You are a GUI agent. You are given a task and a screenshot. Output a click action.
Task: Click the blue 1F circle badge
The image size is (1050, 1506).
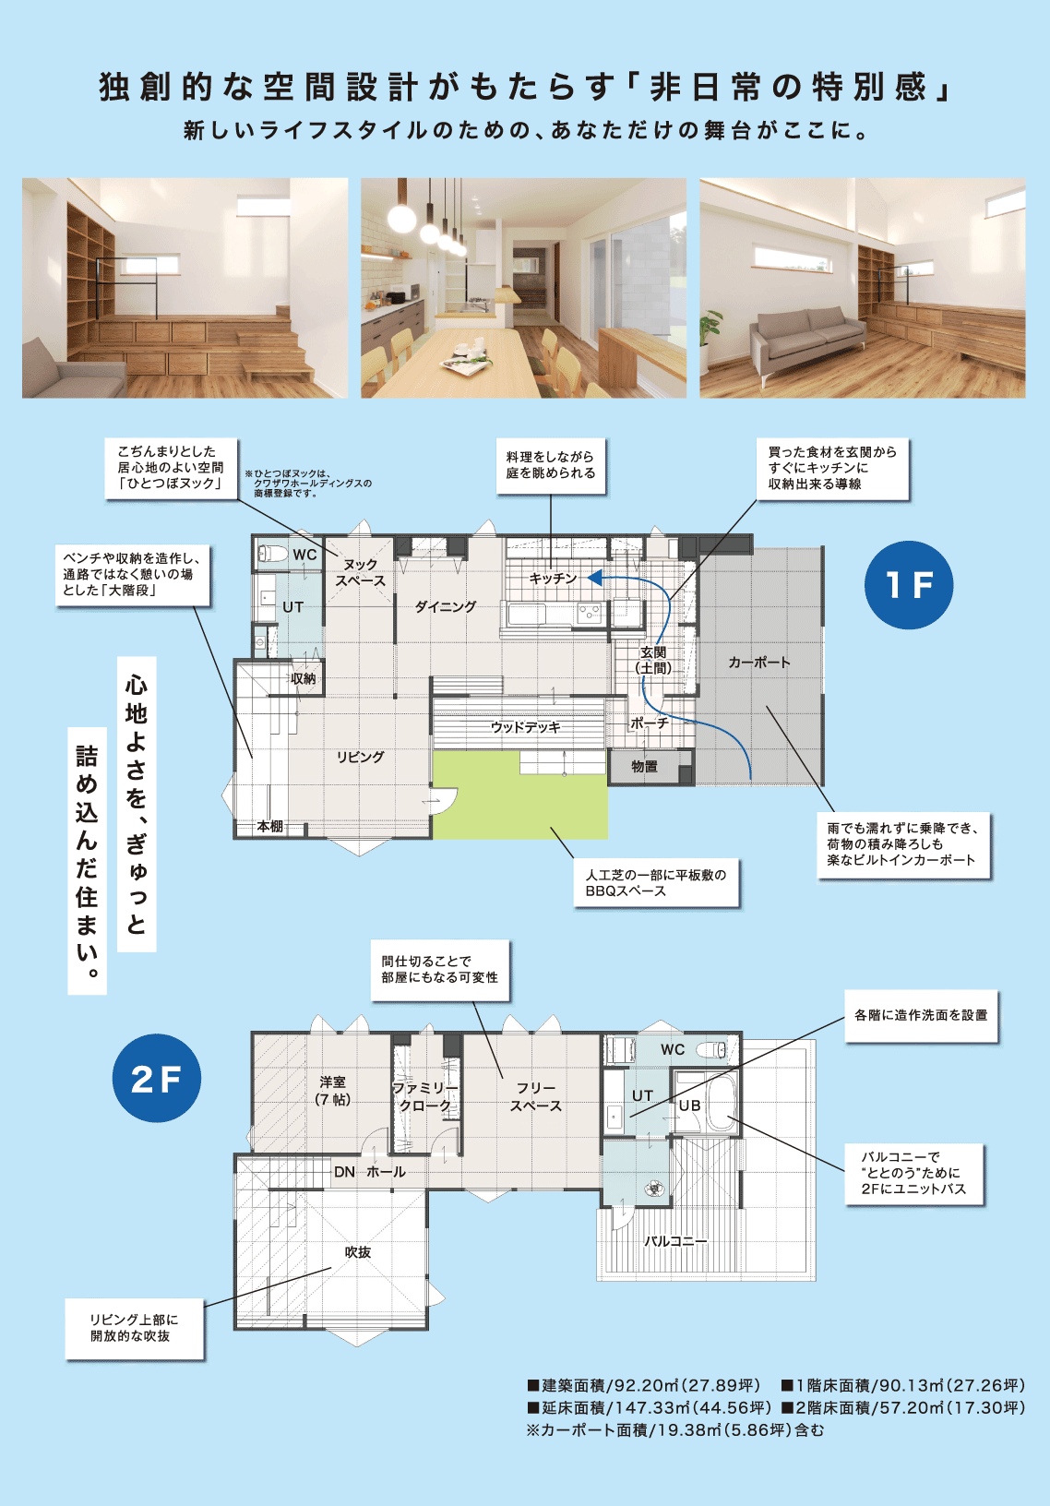(x=908, y=584)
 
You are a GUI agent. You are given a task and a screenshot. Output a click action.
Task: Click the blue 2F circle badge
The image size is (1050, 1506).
(x=157, y=1078)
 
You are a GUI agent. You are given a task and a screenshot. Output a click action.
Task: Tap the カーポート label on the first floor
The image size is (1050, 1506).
(x=759, y=663)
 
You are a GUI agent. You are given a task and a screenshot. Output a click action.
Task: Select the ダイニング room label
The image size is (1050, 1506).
(x=445, y=606)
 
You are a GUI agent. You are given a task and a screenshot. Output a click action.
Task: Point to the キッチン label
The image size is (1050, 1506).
(x=554, y=579)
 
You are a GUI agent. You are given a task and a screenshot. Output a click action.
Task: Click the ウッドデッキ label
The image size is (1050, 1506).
(x=525, y=727)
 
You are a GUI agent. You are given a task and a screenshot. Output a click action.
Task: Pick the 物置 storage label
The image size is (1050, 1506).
(x=644, y=767)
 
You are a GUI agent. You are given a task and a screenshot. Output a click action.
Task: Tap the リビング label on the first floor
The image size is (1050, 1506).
(x=361, y=757)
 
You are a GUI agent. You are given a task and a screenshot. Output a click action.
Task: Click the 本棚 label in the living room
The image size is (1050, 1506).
(x=270, y=826)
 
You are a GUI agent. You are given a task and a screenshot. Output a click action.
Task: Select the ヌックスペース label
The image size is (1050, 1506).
(x=361, y=573)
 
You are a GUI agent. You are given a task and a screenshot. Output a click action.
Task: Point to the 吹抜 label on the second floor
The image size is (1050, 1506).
(x=358, y=1252)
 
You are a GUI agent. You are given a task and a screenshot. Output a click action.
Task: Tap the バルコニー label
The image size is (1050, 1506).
(x=674, y=1241)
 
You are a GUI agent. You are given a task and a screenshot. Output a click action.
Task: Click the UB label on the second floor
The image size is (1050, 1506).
(x=689, y=1106)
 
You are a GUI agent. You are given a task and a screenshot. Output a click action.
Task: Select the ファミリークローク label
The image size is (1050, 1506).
(x=424, y=1096)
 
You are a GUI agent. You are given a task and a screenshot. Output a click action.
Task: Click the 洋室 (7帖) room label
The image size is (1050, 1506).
(x=333, y=1091)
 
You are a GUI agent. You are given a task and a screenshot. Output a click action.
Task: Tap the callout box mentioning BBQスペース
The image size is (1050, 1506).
(x=656, y=883)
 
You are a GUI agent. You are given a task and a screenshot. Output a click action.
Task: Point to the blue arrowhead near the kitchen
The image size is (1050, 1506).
(x=594, y=577)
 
